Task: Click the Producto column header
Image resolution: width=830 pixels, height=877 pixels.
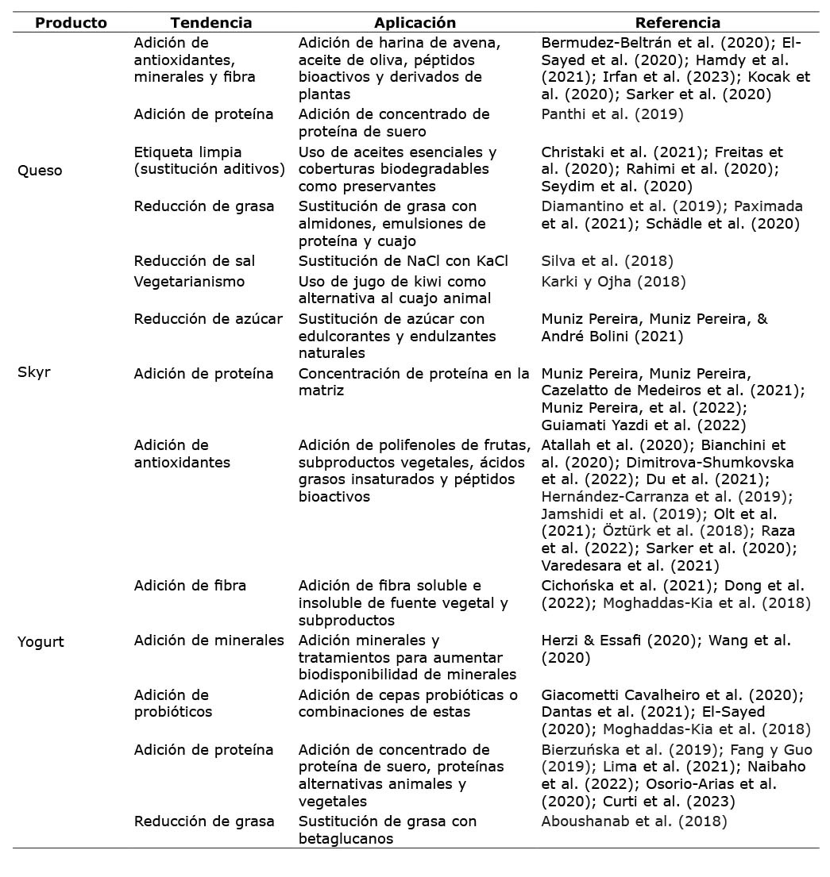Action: tap(71, 23)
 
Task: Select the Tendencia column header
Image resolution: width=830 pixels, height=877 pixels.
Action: tap(211, 23)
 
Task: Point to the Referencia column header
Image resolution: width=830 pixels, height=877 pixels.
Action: tap(678, 23)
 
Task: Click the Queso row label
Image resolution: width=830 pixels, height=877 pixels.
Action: tap(40, 171)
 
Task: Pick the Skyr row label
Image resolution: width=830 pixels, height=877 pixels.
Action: tap(33, 372)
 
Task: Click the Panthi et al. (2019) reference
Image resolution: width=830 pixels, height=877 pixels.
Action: tap(612, 114)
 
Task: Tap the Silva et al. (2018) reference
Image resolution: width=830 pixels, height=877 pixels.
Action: tap(607, 261)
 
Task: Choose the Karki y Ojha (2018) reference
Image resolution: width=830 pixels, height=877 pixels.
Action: tap(613, 282)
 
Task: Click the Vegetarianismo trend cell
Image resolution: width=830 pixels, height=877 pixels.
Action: tap(189, 282)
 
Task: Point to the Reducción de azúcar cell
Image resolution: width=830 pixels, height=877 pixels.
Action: tap(208, 319)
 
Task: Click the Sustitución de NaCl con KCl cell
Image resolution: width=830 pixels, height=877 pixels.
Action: tap(403, 261)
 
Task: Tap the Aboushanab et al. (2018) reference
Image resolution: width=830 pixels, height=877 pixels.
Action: tap(634, 821)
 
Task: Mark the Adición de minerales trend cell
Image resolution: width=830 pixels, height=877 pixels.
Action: tap(209, 640)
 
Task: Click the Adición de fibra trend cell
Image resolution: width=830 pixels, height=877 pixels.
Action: tap(190, 586)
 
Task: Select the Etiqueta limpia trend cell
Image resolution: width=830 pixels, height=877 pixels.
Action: tap(209, 160)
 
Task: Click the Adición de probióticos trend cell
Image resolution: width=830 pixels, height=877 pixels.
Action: tap(173, 704)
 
